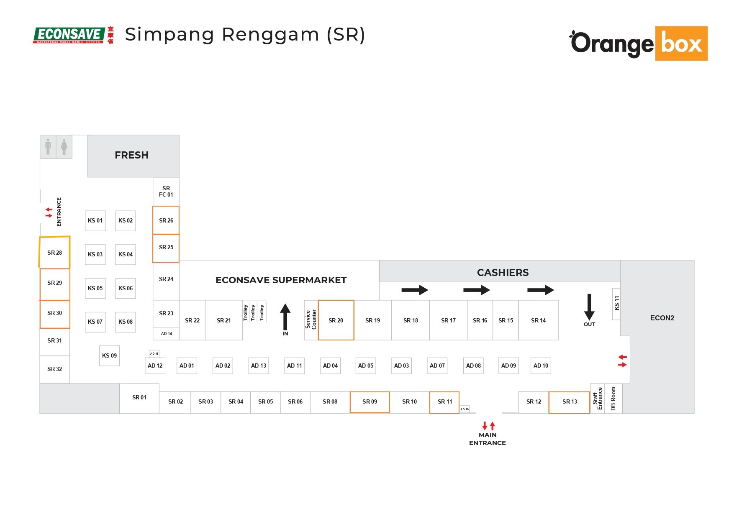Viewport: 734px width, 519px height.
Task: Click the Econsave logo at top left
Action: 73,35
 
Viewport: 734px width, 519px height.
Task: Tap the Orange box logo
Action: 639,43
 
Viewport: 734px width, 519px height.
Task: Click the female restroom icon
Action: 64,147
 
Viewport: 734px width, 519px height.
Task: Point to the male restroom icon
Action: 48,147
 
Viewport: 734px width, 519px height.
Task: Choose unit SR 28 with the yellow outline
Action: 54,253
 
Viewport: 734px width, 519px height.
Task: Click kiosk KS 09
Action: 109,355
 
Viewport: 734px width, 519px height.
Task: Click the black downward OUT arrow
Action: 589,307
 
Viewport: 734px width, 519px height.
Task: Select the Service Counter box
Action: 311,320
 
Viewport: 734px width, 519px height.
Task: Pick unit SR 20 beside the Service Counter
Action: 336,320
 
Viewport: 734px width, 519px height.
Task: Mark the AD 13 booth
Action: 259,366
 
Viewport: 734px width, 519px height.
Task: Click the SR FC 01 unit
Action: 166,192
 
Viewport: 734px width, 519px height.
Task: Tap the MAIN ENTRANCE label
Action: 488,439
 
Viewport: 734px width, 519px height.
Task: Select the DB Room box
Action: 613,399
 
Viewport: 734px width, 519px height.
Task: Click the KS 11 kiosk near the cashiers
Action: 616,304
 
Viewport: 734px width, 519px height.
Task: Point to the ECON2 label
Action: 662,318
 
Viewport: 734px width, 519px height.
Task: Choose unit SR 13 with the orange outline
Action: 569,402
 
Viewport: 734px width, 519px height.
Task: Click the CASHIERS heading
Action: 503,273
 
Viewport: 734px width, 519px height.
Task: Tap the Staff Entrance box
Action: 597,399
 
